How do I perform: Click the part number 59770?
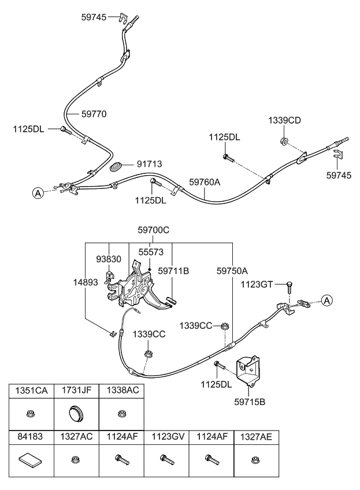pos(94,114)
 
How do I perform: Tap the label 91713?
pos(149,165)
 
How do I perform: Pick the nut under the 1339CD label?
pos(284,142)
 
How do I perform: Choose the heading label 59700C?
pos(153,230)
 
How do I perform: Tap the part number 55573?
pos(151,253)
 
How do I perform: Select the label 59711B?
pos(173,269)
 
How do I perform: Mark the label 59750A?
pos(232,269)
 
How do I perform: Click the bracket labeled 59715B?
pos(248,370)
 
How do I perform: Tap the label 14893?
pos(84,283)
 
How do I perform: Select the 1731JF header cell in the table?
pos(76,391)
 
